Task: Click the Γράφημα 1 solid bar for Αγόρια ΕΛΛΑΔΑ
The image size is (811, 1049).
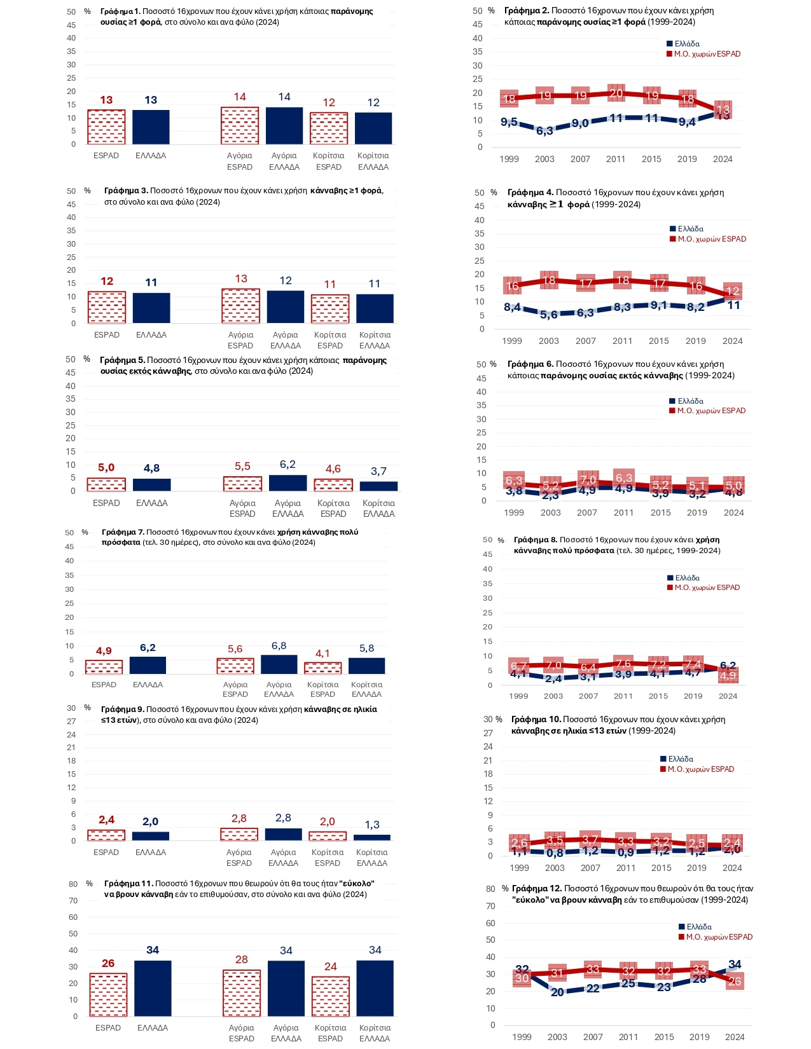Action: [x=284, y=126]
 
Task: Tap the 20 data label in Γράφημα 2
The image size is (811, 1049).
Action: [x=616, y=93]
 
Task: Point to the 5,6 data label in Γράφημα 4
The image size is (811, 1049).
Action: [x=548, y=315]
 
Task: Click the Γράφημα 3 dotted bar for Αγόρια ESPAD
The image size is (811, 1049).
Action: [x=240, y=306]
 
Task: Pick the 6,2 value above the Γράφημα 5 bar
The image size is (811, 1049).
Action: [x=288, y=465]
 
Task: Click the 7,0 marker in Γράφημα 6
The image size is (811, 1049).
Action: [x=588, y=480]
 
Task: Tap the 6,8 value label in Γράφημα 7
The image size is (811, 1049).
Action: [x=279, y=646]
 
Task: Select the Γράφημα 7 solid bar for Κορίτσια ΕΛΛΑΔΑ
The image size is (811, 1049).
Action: [x=367, y=666]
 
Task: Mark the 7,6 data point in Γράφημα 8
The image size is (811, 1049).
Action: [x=623, y=664]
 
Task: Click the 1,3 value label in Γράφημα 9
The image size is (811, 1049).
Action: [x=372, y=825]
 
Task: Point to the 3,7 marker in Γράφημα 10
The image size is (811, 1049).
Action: [x=590, y=840]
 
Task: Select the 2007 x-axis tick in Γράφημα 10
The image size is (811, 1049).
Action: [x=590, y=868]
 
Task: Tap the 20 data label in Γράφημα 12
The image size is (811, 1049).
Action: [x=557, y=992]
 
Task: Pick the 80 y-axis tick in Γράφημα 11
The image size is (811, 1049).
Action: [x=73, y=884]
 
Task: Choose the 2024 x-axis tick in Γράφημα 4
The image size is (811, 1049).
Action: [x=732, y=341]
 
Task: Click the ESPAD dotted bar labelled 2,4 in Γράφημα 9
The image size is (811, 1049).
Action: [x=106, y=835]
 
